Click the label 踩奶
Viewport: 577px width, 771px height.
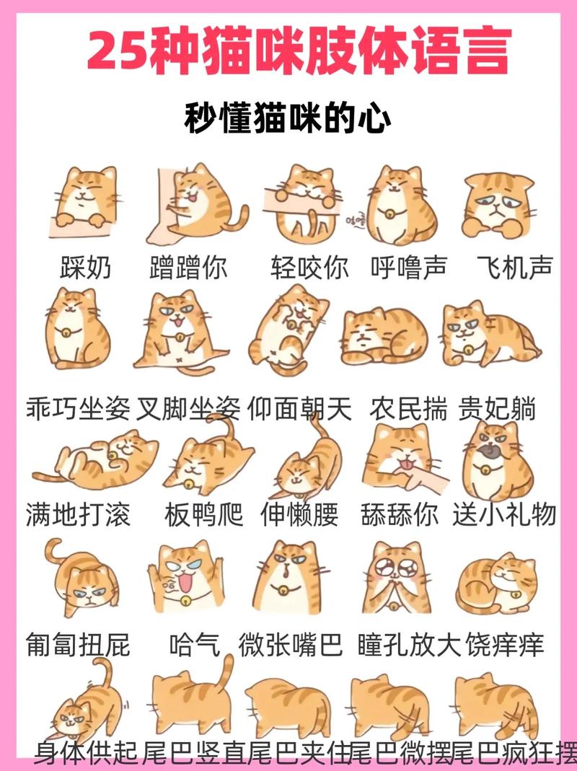(86, 268)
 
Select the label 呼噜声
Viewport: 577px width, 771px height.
(409, 268)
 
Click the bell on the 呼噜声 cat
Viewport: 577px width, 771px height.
(389, 214)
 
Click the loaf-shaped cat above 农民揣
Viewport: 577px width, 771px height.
(384, 335)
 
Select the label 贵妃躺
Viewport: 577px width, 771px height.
(498, 409)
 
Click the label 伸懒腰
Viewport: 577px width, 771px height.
(299, 515)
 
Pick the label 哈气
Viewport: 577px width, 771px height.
(194, 643)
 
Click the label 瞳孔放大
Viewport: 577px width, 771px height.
(409, 643)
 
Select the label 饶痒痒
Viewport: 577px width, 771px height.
(505, 643)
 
